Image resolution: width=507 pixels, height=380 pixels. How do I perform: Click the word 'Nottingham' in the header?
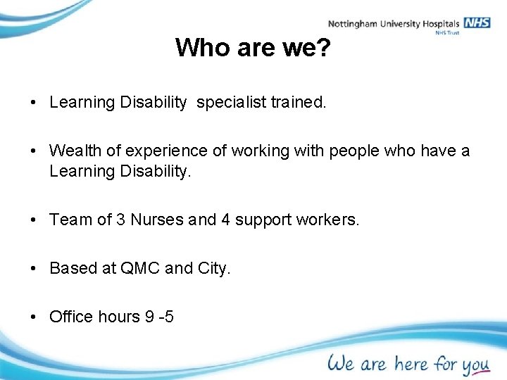coord(353,24)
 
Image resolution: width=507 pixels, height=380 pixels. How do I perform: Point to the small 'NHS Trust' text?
coord(447,32)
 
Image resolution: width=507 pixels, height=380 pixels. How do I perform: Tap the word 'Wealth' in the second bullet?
coord(73,151)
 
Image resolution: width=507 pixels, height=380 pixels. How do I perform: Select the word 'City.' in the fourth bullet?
coord(214,269)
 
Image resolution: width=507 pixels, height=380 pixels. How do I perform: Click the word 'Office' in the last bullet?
coord(71,317)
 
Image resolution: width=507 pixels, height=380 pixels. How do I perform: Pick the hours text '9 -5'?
coord(158,317)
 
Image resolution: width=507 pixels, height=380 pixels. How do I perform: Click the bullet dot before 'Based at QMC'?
coord(35,269)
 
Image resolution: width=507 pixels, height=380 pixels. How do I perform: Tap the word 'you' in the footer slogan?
coord(475,365)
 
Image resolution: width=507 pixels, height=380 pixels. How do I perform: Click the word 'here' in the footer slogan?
coord(411,363)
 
